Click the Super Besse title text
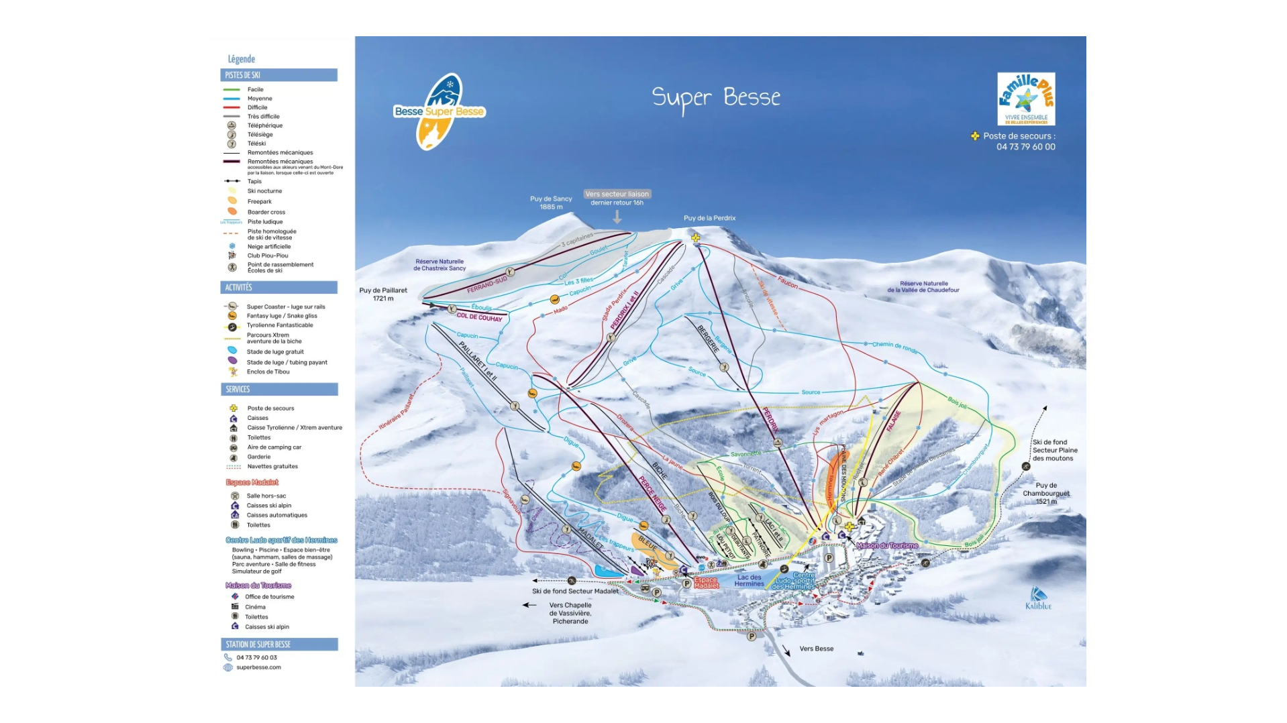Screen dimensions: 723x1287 [715, 98]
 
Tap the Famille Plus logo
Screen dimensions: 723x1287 [1025, 99]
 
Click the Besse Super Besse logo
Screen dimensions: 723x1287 [439, 111]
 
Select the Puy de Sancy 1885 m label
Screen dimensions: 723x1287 [551, 203]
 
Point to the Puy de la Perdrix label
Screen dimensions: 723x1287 [709, 218]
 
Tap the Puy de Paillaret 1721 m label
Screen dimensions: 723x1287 [383, 294]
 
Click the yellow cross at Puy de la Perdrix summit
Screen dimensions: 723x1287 [696, 237]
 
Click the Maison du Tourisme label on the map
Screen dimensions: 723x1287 [886, 545]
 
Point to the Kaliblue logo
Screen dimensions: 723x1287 [1038, 598]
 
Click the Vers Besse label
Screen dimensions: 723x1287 [816, 649]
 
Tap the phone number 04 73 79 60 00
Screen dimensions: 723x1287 [1025, 147]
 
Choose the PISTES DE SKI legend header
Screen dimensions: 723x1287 [278, 75]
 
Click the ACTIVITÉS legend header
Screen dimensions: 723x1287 [278, 287]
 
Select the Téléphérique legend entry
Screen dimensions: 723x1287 [264, 125]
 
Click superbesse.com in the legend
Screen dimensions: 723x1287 [258, 667]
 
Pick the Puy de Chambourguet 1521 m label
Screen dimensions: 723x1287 [1045, 493]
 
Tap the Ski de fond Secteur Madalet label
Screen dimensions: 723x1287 [575, 591]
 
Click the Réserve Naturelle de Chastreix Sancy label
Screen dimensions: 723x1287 [440, 265]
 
